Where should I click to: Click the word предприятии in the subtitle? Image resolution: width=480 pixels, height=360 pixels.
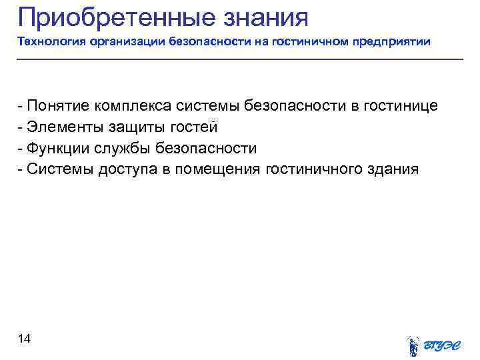[392, 42]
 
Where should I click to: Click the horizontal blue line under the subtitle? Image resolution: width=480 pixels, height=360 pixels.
[240, 60]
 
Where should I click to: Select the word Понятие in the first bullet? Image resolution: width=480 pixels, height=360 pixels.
[59, 106]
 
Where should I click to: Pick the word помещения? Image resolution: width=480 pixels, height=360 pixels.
[218, 169]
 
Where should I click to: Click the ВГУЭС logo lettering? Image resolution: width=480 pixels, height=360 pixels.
[443, 345]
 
